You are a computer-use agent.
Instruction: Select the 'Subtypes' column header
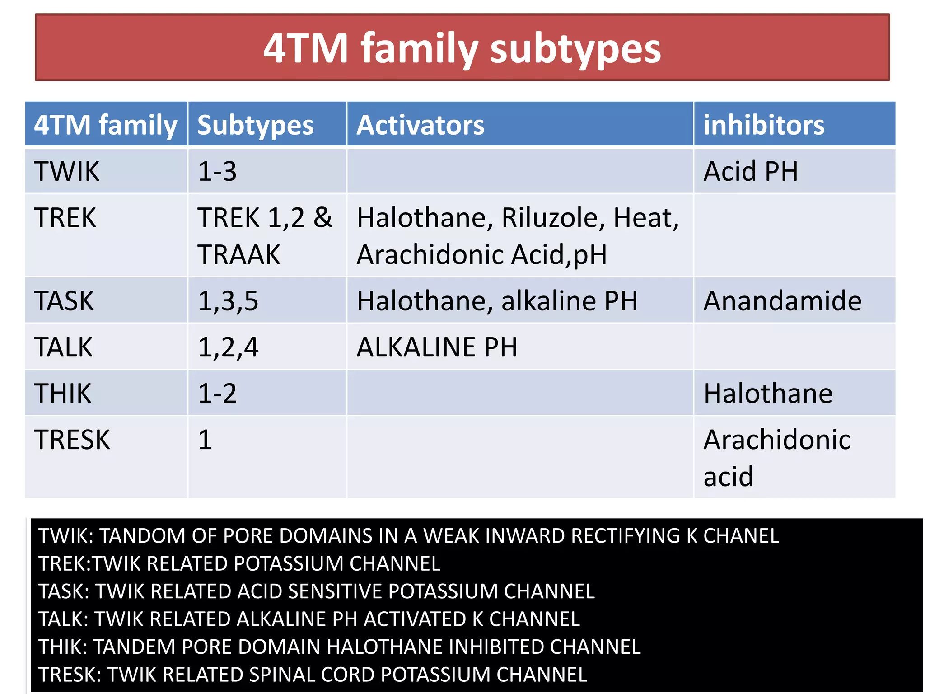pos(255,125)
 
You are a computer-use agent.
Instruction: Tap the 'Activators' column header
pos(420,125)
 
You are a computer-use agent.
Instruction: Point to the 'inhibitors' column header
pos(763,125)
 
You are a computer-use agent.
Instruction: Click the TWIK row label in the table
pos(67,172)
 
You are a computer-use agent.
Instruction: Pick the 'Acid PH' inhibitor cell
pos(751,172)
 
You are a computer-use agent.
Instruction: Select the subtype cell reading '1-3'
pos(217,172)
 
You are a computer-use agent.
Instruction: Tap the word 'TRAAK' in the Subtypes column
pos(239,255)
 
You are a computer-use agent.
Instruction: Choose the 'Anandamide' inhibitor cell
pos(782,301)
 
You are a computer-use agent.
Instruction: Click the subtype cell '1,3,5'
pos(228,301)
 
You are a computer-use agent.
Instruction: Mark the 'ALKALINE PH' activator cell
pos(437,347)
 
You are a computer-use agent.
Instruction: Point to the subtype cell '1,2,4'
pos(228,347)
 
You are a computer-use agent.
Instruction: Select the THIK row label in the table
pos(63,394)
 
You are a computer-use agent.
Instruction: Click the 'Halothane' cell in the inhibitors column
pos(768,394)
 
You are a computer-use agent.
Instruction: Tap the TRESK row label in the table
pos(72,440)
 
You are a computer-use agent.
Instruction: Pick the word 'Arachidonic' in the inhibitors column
pos(777,440)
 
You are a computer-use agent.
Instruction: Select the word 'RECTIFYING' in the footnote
pos(625,536)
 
